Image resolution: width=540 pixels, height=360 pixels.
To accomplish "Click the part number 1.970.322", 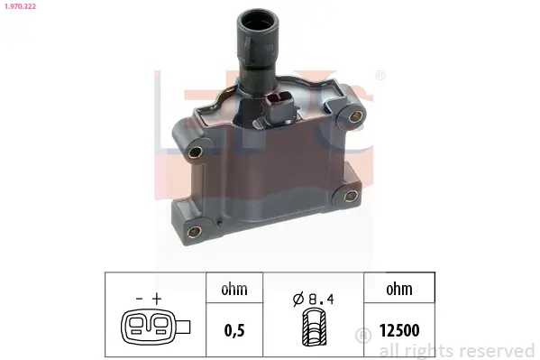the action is pos(20,6).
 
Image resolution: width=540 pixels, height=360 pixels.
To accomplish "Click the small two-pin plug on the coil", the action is pos(280,106).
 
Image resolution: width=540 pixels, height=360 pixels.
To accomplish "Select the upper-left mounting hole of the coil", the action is pos(196,152).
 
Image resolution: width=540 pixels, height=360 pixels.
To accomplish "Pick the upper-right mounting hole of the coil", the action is pos(355,116).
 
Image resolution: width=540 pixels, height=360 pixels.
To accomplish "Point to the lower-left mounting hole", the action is pos(194,231).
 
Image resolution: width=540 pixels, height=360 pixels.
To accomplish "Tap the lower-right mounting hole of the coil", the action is pos(351,196).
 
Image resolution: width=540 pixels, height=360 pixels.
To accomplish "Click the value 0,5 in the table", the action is pos(234,330).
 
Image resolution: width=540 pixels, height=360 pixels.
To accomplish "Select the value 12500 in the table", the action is pos(399,330).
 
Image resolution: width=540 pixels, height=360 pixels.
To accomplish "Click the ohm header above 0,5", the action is pos(234,289).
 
